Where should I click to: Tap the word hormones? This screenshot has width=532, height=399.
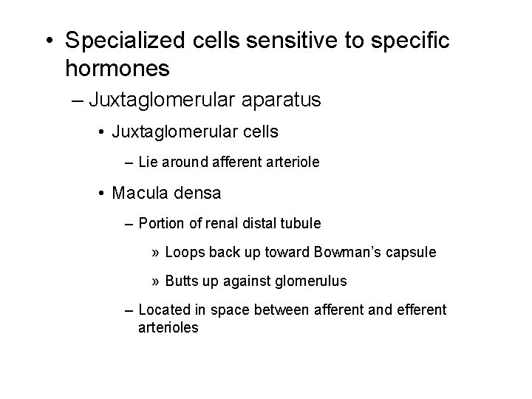(117, 69)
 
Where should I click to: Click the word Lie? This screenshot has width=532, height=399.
(148, 161)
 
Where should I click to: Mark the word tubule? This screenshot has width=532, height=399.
(303, 222)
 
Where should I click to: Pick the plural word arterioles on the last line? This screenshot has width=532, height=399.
(168, 327)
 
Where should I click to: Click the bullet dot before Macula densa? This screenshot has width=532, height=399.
(101, 194)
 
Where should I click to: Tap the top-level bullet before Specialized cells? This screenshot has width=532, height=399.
(48, 40)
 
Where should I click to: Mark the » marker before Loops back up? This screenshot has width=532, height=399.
(155, 253)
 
